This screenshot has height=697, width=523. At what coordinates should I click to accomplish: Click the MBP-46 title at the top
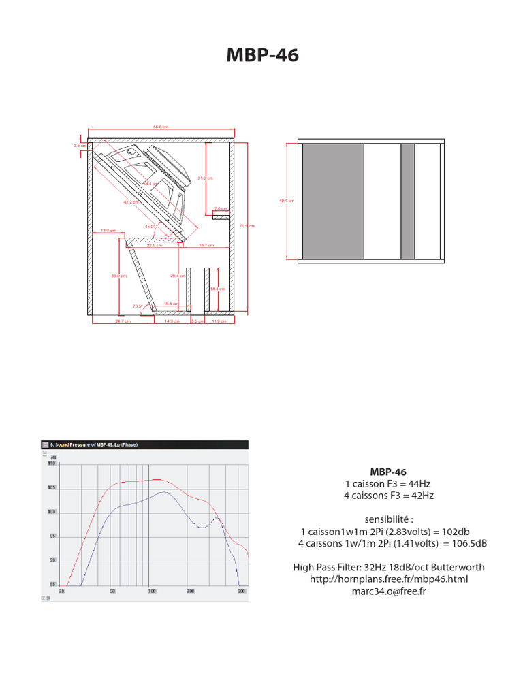[261, 56]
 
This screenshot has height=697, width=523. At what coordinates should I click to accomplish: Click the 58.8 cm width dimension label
[161, 127]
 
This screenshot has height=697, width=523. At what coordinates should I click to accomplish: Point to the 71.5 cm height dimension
[247, 226]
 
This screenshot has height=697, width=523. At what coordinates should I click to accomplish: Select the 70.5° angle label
[138, 306]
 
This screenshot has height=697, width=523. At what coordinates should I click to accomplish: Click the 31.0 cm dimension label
[205, 178]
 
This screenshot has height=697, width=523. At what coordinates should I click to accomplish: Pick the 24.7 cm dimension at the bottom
[123, 321]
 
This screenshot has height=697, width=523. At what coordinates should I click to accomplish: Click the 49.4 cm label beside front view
[287, 201]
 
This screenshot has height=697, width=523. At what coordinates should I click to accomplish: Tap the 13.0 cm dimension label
[108, 231]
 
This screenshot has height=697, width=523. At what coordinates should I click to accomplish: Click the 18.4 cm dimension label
[217, 289]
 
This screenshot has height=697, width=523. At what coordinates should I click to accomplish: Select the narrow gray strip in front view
[407, 201]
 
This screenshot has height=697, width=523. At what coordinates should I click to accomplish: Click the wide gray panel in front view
[332, 201]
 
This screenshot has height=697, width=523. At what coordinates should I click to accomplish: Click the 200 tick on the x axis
[191, 591]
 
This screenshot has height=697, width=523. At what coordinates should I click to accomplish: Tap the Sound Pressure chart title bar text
[93, 444]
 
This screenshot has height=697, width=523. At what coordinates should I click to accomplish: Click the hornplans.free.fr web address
[389, 579]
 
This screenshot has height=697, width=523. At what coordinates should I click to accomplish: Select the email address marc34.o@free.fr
[388, 591]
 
